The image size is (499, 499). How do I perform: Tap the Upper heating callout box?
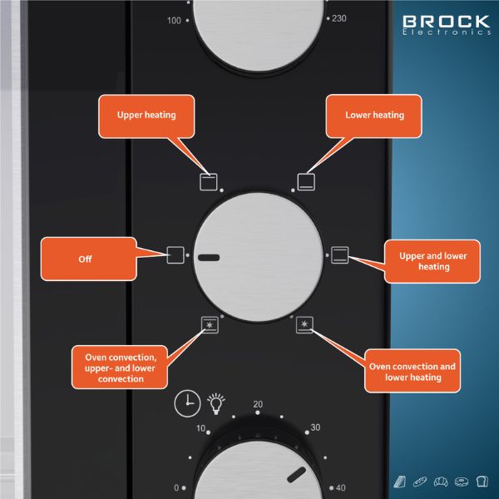click(x=146, y=116)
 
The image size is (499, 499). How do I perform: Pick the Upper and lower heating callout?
click(x=433, y=261)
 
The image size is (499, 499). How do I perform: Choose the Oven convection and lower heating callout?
click(x=413, y=372)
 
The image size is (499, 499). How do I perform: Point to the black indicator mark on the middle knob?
click(x=210, y=259)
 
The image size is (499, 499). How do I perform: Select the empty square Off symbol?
click(x=175, y=254)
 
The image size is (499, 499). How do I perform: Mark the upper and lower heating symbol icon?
click(x=340, y=254)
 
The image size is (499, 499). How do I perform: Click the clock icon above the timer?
click(x=186, y=403)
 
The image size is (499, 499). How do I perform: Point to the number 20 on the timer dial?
click(x=258, y=404)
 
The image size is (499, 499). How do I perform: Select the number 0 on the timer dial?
click(x=176, y=487)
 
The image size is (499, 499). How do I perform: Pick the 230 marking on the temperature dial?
click(x=338, y=18)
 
